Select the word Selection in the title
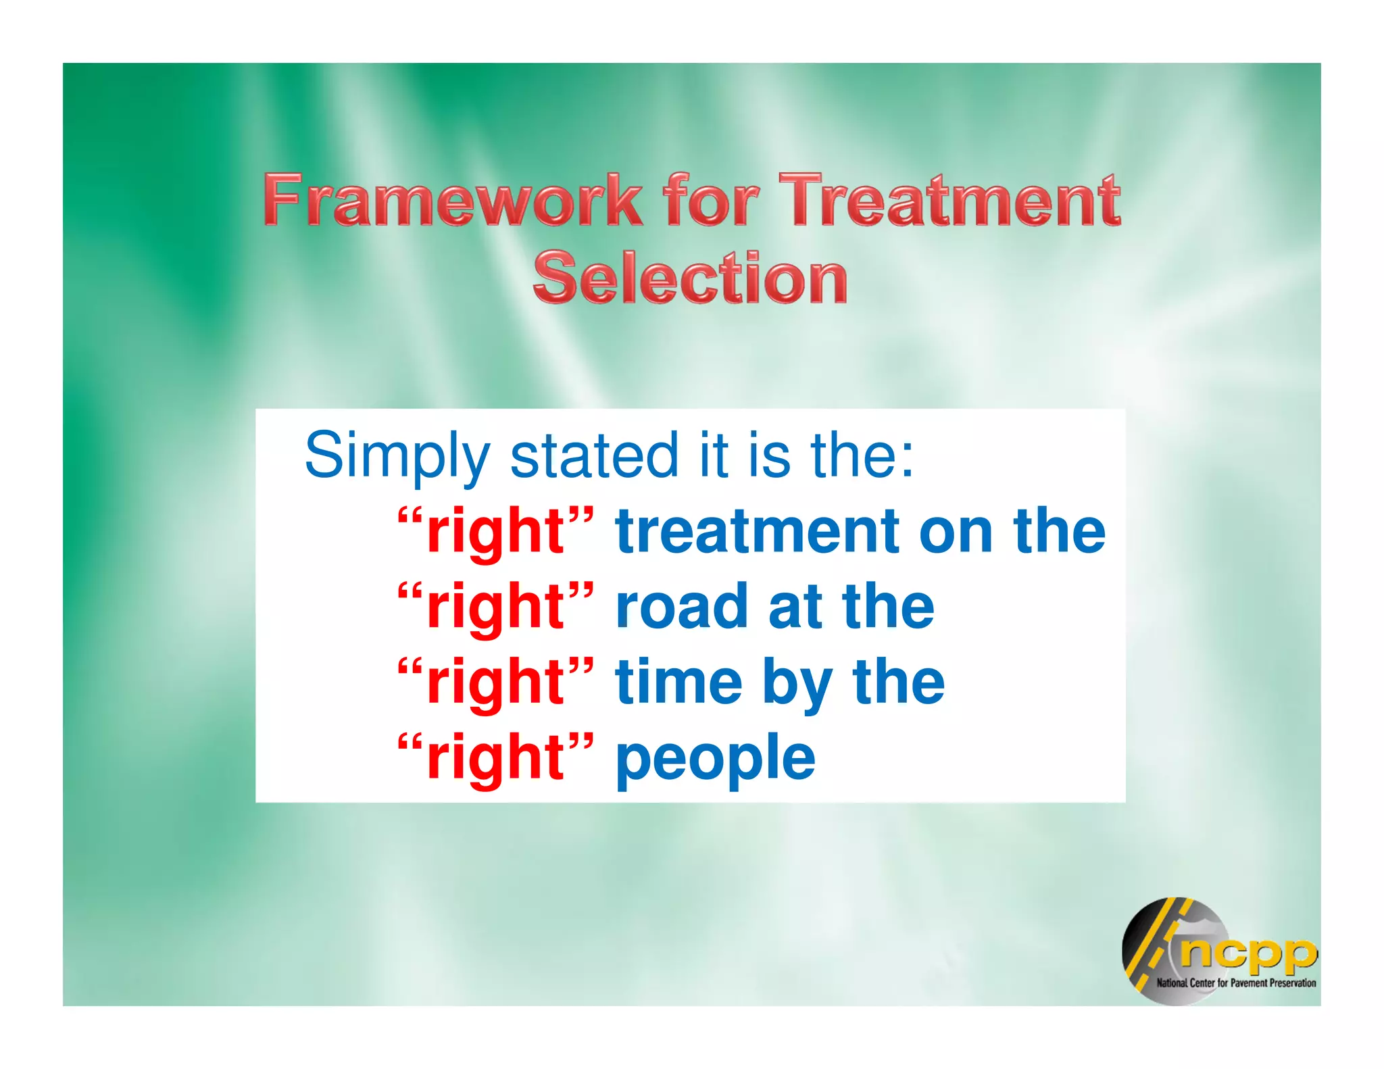[690, 278]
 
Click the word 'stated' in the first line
[593, 455]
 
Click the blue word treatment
[757, 532]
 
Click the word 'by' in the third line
[797, 684]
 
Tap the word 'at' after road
[795, 607]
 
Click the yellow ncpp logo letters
[1247, 953]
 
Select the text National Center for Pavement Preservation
[1235, 983]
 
